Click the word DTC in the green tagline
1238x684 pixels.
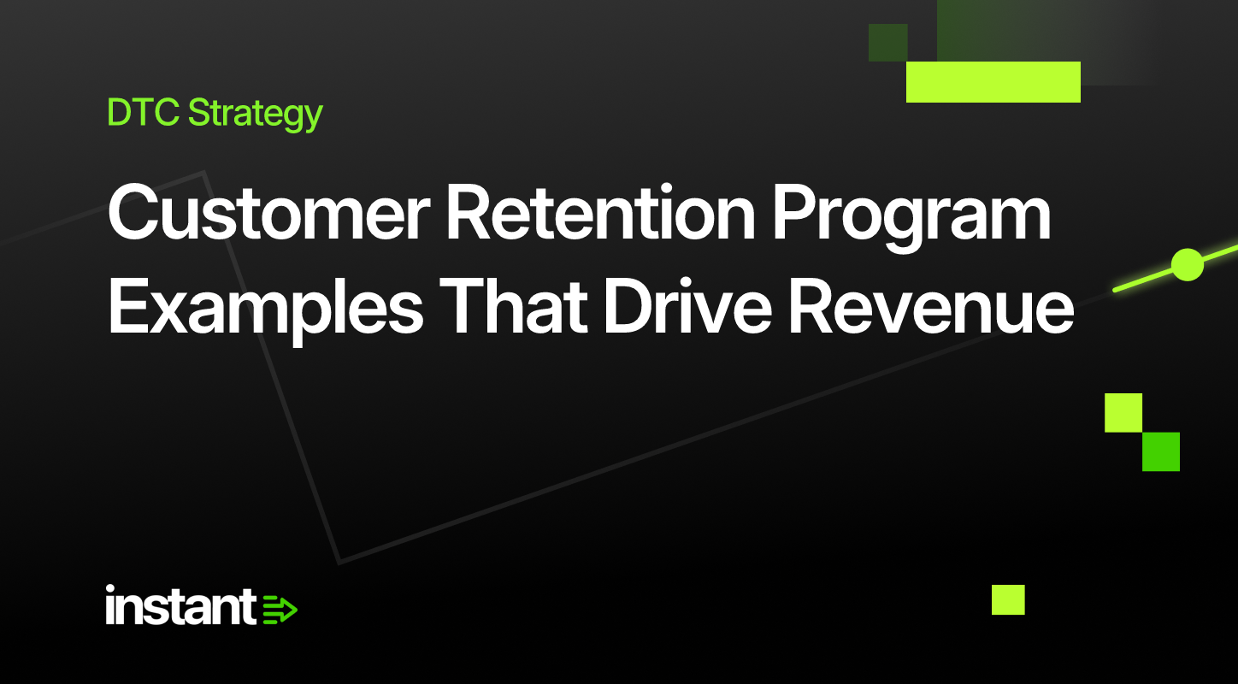(x=143, y=112)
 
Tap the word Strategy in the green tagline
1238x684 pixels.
(x=256, y=115)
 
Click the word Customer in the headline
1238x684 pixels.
(x=269, y=213)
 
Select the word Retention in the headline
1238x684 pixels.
(x=600, y=213)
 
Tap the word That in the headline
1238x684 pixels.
(x=511, y=305)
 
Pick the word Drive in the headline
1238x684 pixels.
(x=687, y=305)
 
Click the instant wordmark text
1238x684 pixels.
(x=180, y=605)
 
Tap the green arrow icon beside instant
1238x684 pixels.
(x=280, y=610)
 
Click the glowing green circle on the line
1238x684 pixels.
(x=1188, y=265)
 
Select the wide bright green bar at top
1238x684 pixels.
(x=993, y=82)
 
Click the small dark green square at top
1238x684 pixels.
(x=888, y=43)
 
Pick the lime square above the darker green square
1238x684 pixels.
(x=1123, y=413)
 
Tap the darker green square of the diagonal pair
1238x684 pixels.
(x=1161, y=452)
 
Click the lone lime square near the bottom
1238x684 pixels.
(x=1008, y=599)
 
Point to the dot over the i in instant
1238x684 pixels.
(x=110, y=589)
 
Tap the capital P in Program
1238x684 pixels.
(x=795, y=213)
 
